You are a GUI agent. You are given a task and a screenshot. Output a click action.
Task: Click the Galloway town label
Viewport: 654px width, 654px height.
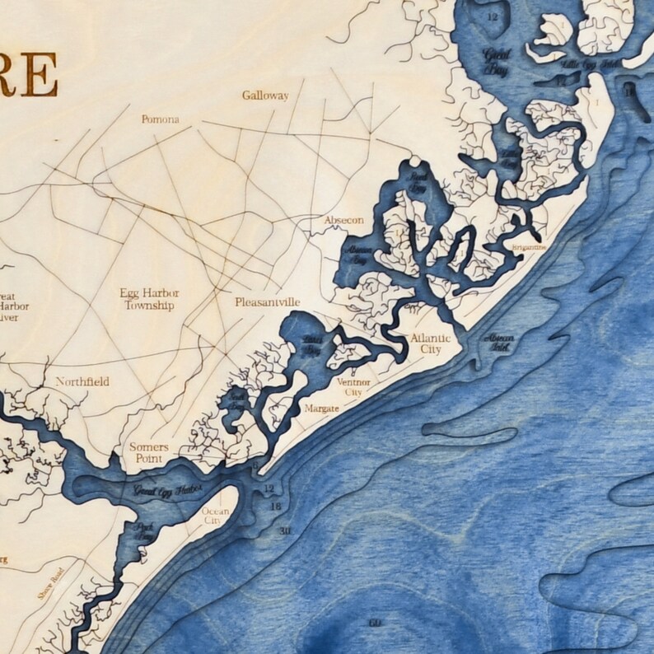tap(265, 96)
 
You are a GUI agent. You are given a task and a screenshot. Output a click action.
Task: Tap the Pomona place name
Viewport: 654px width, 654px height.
tap(160, 119)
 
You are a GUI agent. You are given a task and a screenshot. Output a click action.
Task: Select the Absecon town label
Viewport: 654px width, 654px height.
tap(344, 221)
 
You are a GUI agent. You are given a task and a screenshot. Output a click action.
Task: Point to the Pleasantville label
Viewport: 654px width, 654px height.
tap(267, 302)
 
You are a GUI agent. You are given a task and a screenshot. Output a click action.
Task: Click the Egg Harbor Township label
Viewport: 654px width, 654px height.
tap(149, 300)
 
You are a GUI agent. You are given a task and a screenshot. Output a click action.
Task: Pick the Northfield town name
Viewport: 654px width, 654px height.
tap(82, 382)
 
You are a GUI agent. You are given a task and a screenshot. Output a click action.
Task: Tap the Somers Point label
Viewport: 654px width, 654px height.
tap(149, 452)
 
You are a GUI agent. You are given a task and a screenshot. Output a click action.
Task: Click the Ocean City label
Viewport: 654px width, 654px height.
tap(216, 516)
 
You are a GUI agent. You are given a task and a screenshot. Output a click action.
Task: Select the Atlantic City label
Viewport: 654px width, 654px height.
tap(431, 343)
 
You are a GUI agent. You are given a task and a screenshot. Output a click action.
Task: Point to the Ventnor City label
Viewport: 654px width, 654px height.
tap(354, 387)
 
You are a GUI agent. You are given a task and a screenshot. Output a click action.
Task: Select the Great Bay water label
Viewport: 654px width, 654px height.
tap(498, 63)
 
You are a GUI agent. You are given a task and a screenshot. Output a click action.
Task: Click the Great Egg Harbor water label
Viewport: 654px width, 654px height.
tap(167, 490)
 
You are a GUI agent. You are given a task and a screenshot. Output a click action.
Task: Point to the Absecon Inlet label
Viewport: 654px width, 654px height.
tap(500, 341)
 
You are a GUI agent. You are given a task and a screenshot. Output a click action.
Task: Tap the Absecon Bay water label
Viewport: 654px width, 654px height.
tap(358, 255)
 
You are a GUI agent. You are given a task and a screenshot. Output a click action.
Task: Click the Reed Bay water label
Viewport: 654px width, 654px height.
tap(419, 182)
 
